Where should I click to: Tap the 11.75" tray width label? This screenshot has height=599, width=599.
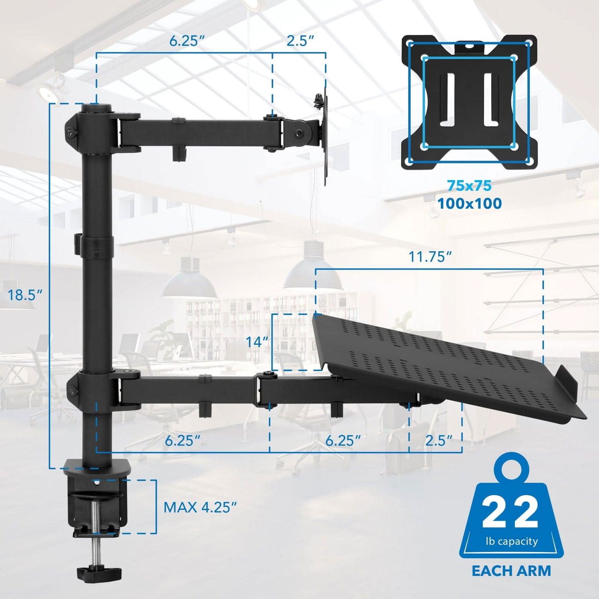coord(429,257)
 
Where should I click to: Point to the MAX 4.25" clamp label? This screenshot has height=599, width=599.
coord(200,507)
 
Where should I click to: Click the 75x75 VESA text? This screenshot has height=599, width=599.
coord(469,185)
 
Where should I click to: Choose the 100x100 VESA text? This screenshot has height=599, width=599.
coord(469,203)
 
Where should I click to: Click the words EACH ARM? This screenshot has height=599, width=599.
coord(511,571)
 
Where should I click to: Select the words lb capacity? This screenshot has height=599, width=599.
coord(511,541)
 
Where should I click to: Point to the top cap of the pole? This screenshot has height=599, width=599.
coord(97,109)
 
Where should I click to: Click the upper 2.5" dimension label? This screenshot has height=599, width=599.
coord(299,41)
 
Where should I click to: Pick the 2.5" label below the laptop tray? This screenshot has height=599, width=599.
coord(439,440)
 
